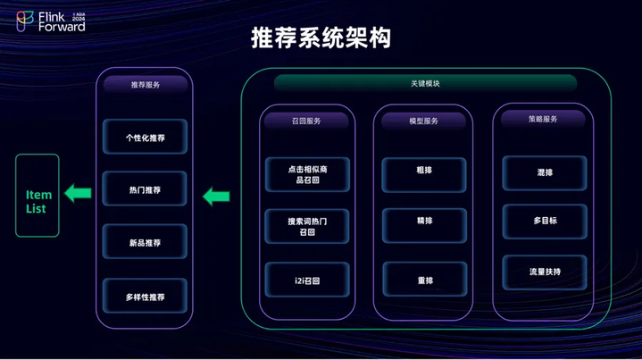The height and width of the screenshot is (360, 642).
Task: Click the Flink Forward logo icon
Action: point(25,21)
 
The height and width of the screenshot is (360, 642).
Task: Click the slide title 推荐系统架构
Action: point(321,38)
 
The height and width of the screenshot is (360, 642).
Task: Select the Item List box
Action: point(38,196)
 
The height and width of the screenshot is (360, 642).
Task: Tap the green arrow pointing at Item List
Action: point(78,193)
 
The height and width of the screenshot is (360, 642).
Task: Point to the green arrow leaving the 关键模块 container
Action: point(216,197)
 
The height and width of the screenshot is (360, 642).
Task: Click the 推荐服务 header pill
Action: point(146,84)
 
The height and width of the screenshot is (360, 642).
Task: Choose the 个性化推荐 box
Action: point(145,137)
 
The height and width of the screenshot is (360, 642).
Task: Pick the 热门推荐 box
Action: point(145,188)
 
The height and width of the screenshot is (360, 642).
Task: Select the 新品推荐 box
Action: point(145,241)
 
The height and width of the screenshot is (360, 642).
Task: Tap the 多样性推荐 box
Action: point(145,296)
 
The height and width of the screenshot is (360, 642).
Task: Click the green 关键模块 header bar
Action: point(425,83)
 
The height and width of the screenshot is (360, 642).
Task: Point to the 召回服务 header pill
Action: point(306,121)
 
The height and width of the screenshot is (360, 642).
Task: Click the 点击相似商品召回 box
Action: point(307,174)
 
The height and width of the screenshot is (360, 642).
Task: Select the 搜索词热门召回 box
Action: point(307,227)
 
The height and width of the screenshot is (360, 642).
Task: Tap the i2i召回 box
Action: point(307,280)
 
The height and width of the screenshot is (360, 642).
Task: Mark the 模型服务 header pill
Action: point(424,121)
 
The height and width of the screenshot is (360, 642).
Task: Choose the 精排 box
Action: point(425,226)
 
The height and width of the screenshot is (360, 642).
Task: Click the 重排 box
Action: point(425,279)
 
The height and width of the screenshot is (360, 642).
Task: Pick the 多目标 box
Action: point(545,222)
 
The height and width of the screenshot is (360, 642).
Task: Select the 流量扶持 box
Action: point(545,272)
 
